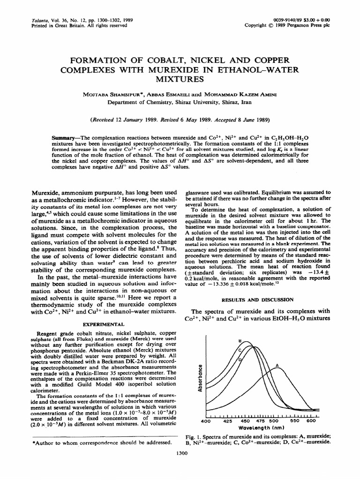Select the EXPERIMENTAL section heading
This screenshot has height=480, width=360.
pos(104,324)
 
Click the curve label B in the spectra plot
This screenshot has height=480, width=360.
pos(240,340)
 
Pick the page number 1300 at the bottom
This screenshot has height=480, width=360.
pos(180,452)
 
